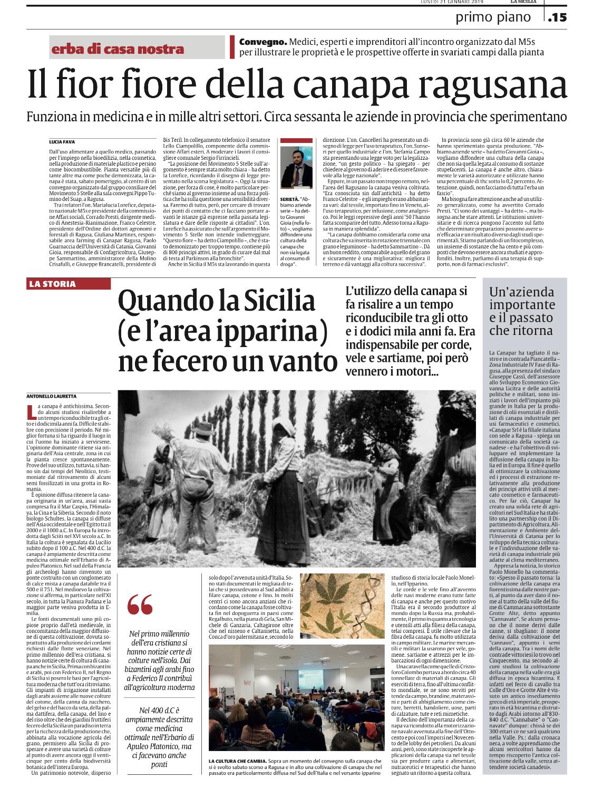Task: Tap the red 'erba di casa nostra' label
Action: coord(118,49)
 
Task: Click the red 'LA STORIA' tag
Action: coord(53,284)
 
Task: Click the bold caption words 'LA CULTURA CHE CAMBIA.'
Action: coord(237,761)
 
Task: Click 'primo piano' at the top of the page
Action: coord(493,18)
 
